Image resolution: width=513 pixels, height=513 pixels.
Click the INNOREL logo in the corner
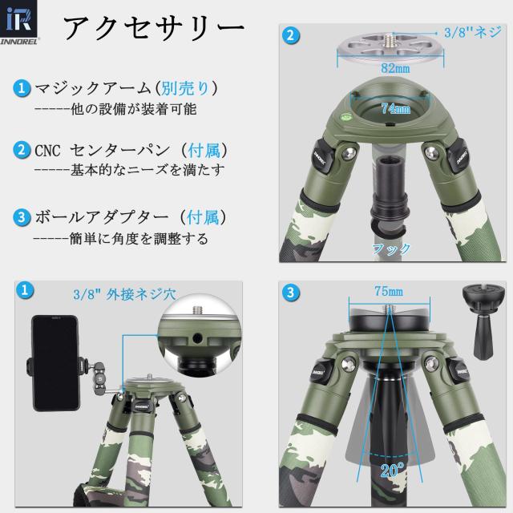pos(25,26)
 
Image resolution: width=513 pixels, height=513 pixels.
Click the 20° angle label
pos(391,471)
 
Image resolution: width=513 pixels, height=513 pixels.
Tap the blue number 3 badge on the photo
pos(291,291)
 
